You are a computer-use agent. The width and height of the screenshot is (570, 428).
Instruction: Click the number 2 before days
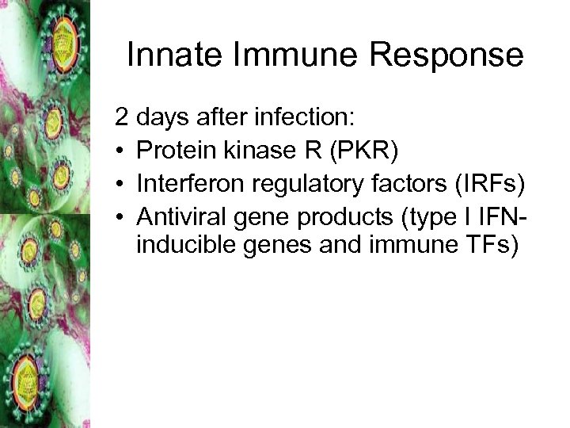[122, 119]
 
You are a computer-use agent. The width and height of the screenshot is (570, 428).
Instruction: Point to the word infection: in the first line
[306, 119]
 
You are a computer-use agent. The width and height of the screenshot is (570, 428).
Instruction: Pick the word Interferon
[187, 184]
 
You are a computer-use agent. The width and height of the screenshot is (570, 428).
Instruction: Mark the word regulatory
[302, 184]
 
